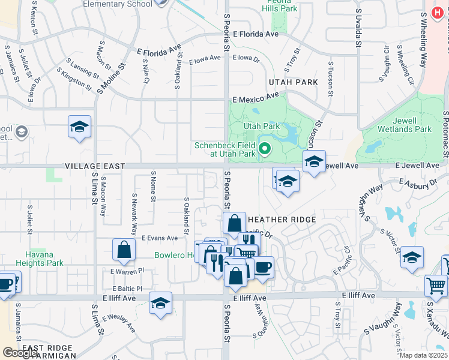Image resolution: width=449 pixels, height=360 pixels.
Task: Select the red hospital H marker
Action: [439, 13]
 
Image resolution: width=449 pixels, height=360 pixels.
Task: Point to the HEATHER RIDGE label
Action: [282, 220]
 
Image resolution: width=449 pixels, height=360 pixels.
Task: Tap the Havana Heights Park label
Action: [44, 259]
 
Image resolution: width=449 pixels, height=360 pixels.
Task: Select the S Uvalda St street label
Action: [358, 26]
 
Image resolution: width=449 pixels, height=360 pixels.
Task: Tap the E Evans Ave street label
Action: [160, 238]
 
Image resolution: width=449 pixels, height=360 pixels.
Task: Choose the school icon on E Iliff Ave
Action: [160, 303]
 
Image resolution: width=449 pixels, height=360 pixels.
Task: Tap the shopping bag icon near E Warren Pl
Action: [124, 250]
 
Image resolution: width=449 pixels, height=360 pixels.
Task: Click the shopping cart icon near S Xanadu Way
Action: [436, 285]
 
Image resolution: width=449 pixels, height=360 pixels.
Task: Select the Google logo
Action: [20, 353]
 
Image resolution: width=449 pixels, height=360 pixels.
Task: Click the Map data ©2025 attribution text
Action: [424, 355]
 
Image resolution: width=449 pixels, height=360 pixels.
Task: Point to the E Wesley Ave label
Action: [118, 322]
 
